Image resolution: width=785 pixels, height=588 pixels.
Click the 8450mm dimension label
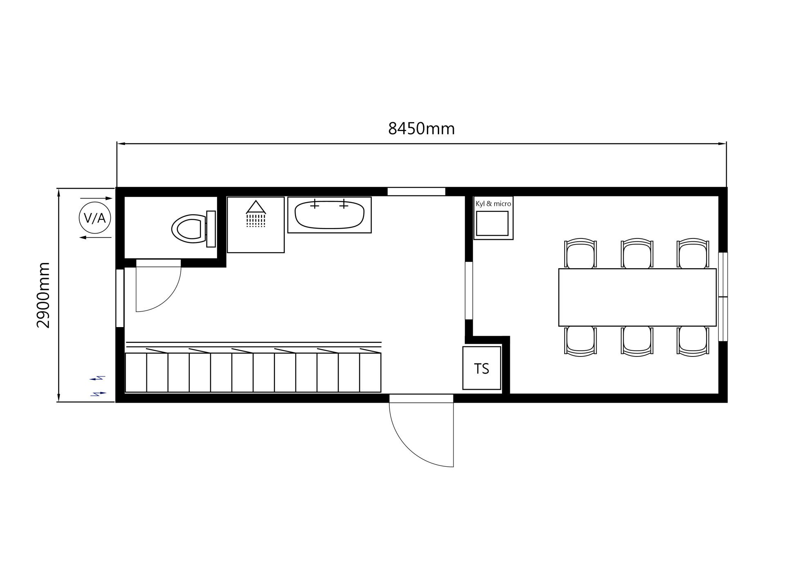pyautogui.click(x=421, y=129)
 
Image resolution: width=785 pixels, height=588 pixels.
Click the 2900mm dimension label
pyautogui.click(x=43, y=295)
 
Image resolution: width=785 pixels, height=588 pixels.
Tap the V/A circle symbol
pyautogui.click(x=95, y=218)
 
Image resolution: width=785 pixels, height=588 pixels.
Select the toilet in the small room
pyautogui.click(x=194, y=229)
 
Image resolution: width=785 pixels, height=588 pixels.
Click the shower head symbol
pyautogui.click(x=256, y=214)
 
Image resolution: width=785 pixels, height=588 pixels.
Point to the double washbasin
pyautogui.click(x=330, y=215)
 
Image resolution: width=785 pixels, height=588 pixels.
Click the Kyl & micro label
pyautogui.click(x=493, y=204)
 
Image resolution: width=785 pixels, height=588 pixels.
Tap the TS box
pyautogui.click(x=482, y=368)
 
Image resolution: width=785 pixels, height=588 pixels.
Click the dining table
pyautogui.click(x=637, y=297)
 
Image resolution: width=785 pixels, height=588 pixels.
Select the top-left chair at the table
pyautogui.click(x=580, y=254)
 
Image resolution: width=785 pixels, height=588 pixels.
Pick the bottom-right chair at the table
pyautogui.click(x=693, y=340)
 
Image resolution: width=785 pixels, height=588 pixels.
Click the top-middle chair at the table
pyautogui.click(x=637, y=254)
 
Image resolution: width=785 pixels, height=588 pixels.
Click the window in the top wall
pyautogui.click(x=416, y=192)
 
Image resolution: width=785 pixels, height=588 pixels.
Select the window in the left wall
pyautogui.click(x=120, y=298)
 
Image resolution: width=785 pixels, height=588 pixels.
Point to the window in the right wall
pyautogui.click(x=723, y=297)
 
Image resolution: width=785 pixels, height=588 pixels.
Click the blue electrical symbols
pyautogui.click(x=98, y=386)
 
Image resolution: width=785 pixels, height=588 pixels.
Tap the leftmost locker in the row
pyautogui.click(x=136, y=372)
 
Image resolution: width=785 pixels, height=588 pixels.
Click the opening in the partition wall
pyautogui.click(x=469, y=291)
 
